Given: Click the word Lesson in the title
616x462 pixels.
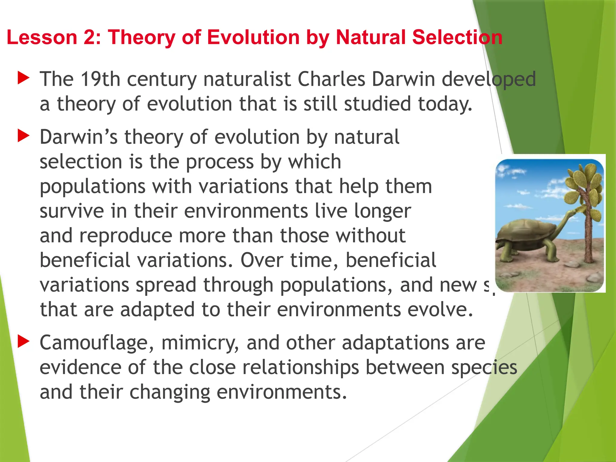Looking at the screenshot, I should tap(42, 37).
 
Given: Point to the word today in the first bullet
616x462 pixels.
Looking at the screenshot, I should tap(445, 104).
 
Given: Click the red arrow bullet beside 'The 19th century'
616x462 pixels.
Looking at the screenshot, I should tap(23, 78).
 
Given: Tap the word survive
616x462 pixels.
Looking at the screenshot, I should tap(72, 211).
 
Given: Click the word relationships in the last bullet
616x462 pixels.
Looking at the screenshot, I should tap(300, 368).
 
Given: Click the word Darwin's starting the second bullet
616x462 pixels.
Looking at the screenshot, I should tap(79, 137).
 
